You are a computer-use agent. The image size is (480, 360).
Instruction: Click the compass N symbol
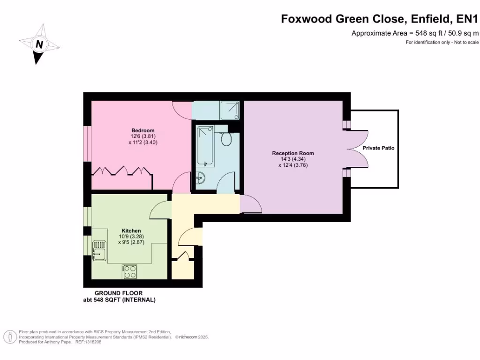tap(40, 45)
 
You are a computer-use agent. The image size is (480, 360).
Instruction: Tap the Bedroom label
tap(142, 130)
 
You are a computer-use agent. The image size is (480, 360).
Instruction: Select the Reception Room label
tap(293, 153)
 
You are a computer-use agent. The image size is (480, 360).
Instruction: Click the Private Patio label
tap(378, 148)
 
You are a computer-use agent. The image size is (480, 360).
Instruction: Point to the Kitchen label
tap(131, 231)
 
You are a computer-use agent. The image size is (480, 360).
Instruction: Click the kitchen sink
tap(99, 250)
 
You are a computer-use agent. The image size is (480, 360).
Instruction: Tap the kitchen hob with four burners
tap(129, 271)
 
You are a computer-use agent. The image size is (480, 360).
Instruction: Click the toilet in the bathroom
tap(227, 139)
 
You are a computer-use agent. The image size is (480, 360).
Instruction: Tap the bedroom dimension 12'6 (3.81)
tap(142, 136)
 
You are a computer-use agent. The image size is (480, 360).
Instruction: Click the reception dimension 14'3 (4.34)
tap(293, 159)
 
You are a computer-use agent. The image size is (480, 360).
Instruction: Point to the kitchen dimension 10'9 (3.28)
tap(131, 237)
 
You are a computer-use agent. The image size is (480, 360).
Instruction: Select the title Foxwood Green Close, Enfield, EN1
tap(379, 19)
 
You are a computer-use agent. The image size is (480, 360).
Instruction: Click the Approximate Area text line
tap(415, 33)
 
